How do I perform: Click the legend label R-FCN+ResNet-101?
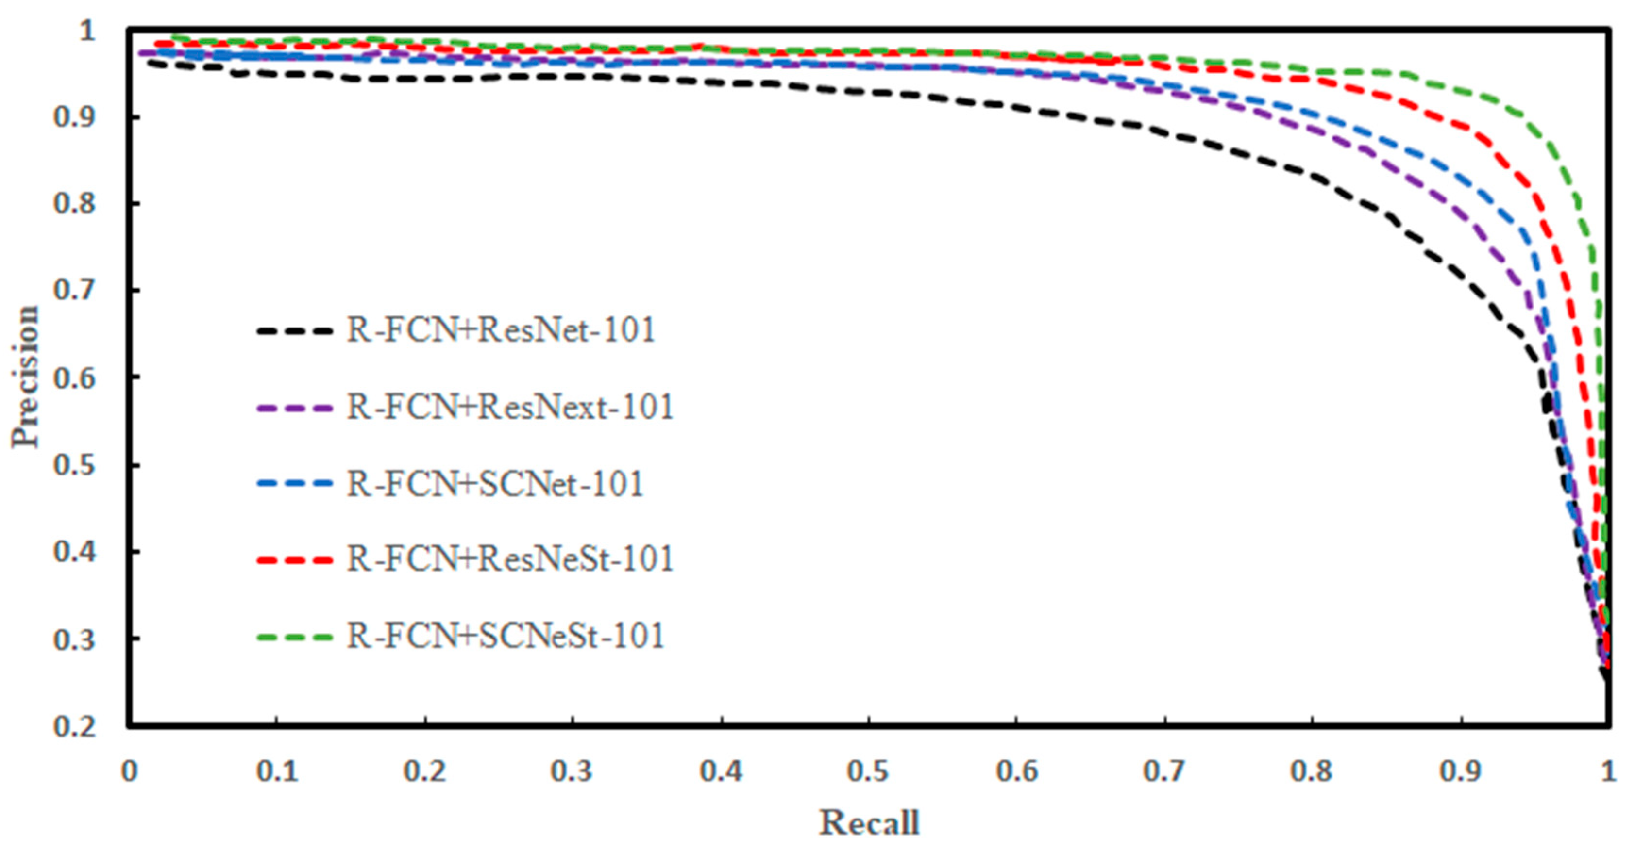coord(501,330)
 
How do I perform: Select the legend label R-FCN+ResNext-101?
coord(510,407)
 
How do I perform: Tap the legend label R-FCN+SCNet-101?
coord(495,484)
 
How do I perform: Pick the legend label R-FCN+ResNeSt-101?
coord(510,559)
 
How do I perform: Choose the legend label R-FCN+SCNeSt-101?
coord(505,636)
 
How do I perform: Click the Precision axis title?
coord(25,377)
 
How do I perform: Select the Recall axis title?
coord(869,823)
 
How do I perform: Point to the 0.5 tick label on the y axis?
coord(74,465)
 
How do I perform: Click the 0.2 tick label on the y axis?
coord(74,726)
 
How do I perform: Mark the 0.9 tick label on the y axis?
coord(74,117)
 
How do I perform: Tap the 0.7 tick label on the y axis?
coord(74,291)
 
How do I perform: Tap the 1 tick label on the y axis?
coord(87,31)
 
